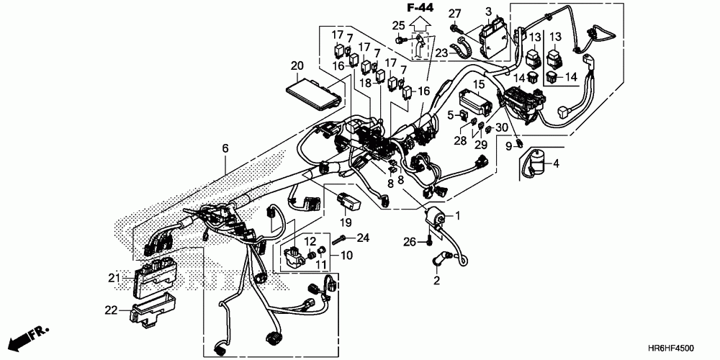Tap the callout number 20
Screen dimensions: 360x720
tap(297, 66)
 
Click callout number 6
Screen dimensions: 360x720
tap(225, 148)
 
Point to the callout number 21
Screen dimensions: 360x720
tap(113, 278)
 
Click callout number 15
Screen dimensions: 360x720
tap(478, 84)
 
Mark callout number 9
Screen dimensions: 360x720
tap(508, 148)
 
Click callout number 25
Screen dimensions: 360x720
tap(398, 27)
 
